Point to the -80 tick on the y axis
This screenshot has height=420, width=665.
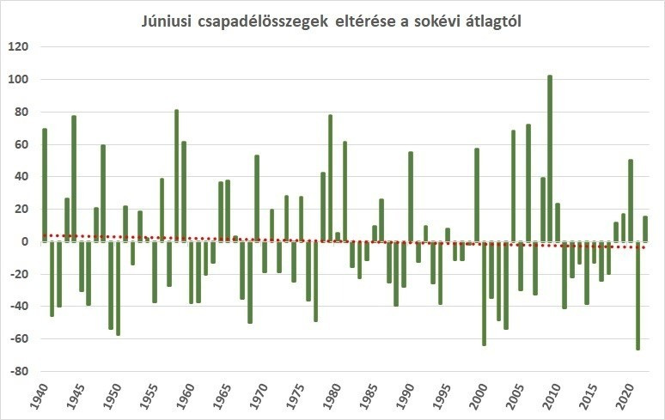19,372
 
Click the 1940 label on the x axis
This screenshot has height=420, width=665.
40,399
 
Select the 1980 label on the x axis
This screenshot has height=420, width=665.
332,399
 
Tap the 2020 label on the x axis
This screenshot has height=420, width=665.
625,399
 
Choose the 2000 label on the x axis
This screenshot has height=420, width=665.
479,399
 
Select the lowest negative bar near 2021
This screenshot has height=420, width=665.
638,295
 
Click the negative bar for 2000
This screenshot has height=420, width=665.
484,293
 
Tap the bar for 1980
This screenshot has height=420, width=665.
338,236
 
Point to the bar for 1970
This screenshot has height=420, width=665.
265,257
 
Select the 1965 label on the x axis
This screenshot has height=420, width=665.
223,399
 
